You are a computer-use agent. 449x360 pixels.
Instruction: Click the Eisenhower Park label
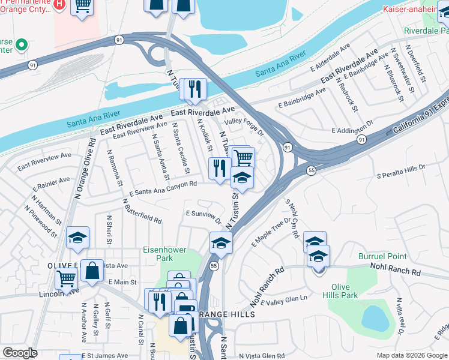pos(164,254)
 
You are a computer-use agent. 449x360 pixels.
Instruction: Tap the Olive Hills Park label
pos(340,291)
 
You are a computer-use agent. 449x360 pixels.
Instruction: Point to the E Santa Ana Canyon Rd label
pos(163,188)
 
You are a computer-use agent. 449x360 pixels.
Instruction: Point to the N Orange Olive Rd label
pos(84,169)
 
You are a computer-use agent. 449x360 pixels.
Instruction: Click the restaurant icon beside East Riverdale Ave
pos(194,90)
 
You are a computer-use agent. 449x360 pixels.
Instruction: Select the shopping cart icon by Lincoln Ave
pos(66,278)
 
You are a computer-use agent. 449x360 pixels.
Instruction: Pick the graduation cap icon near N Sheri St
pos(77,238)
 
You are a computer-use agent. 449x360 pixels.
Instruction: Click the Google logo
pos(20,353)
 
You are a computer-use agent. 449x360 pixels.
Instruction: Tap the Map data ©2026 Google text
pos(411,355)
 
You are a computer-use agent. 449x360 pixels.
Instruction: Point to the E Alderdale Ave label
pos(330,58)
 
